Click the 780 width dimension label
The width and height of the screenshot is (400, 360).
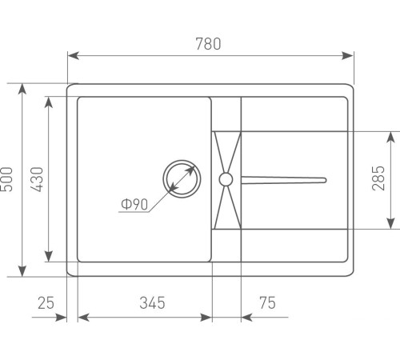coord(208,44)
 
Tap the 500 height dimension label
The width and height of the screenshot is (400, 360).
coord(6,179)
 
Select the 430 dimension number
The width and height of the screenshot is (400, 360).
coord(37,179)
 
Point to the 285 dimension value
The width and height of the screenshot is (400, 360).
coord(378,178)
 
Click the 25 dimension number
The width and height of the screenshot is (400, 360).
coord(46,303)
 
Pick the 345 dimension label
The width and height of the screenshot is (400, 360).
coord(152,303)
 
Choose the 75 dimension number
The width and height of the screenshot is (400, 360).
coord(267,303)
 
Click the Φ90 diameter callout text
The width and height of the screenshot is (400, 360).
coord(134,205)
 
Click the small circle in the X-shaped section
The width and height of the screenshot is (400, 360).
coord(226,179)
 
